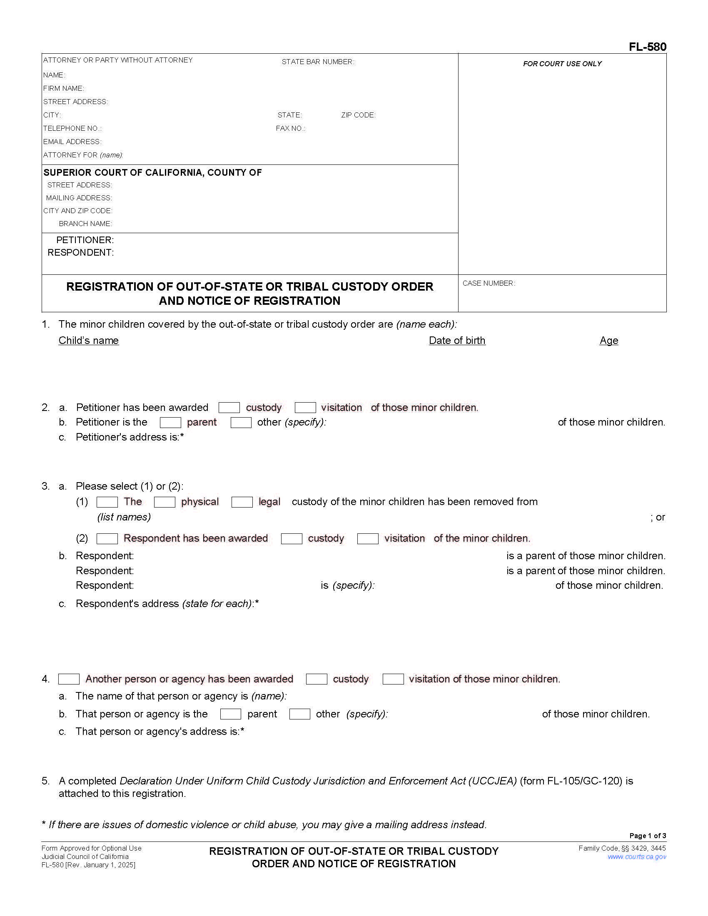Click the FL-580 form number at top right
[x=647, y=47]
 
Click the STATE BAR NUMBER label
[x=317, y=62]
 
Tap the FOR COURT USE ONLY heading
[x=562, y=64]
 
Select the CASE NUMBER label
[x=489, y=284]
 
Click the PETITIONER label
[x=85, y=240]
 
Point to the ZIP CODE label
[x=358, y=115]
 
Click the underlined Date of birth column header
[x=457, y=340]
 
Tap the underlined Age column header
[x=608, y=340]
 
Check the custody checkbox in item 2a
[x=229, y=407]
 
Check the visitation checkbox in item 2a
[x=305, y=407]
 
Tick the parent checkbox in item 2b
[x=170, y=422]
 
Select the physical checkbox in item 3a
[x=165, y=502]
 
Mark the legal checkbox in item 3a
[x=242, y=502]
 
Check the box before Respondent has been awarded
[x=107, y=538]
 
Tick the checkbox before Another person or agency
[x=69, y=679]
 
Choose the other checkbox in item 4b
[x=299, y=714]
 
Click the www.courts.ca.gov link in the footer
[x=636, y=857]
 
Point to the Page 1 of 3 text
[x=647, y=836]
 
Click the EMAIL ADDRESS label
[x=72, y=142]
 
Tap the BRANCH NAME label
[x=85, y=224]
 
